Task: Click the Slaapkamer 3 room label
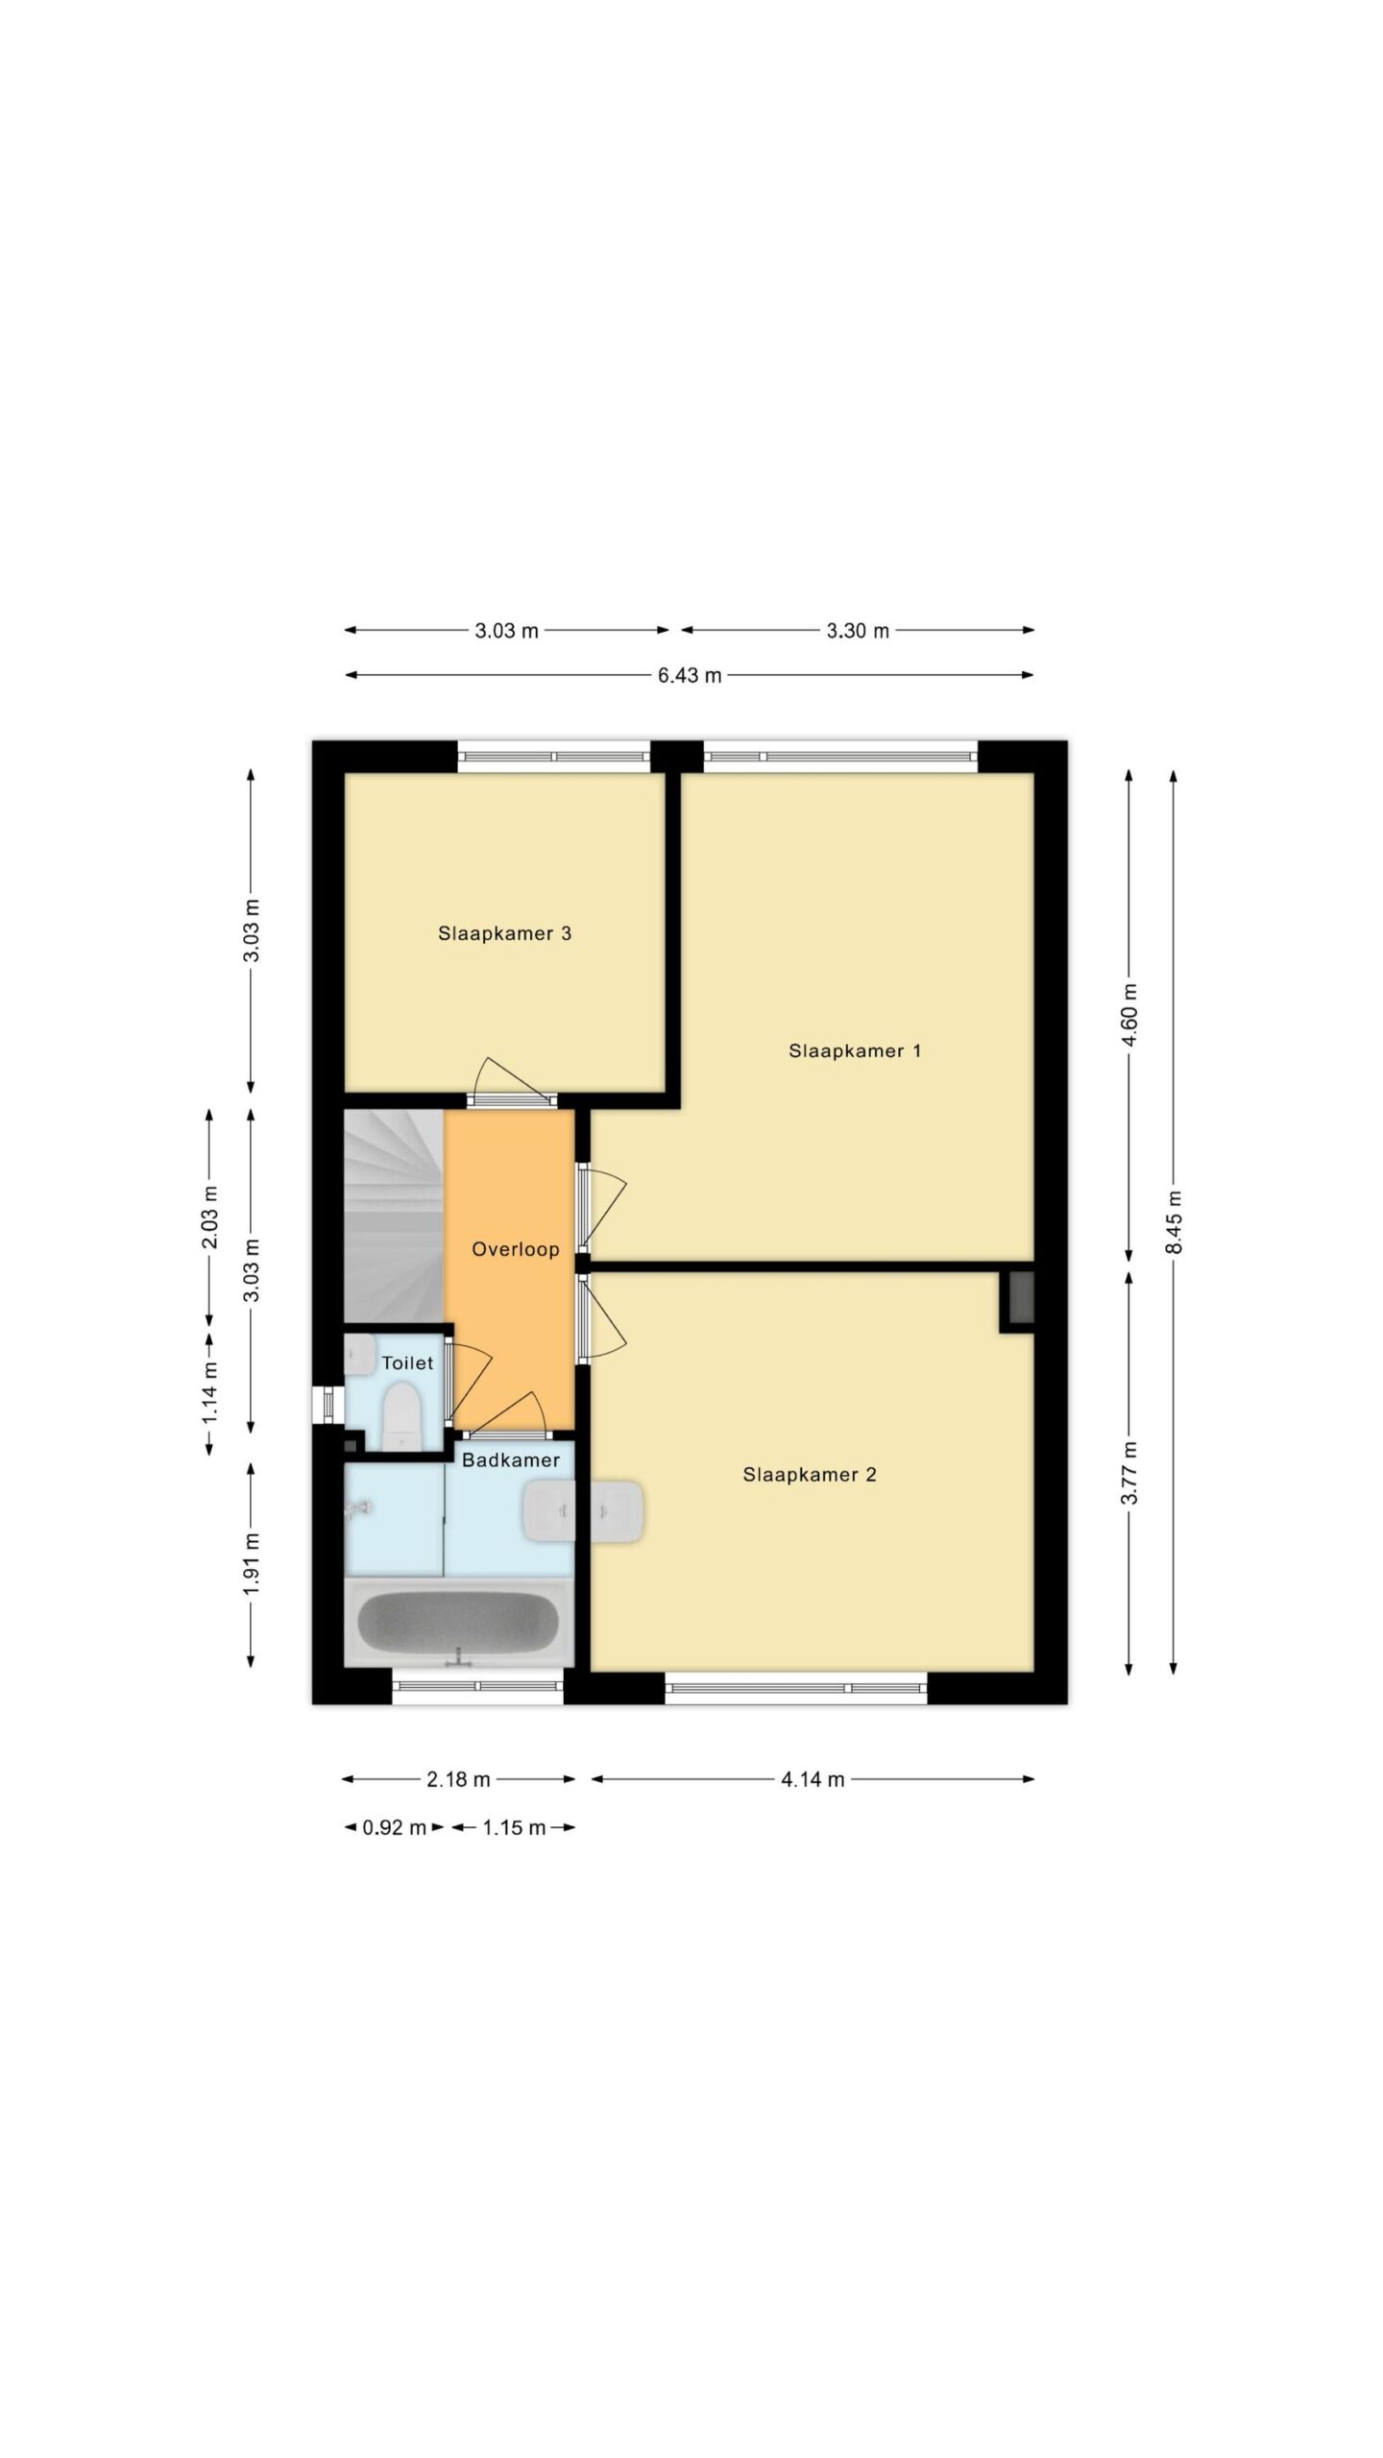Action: (504, 933)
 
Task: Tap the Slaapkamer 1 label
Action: (855, 1050)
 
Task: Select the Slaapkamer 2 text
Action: (810, 1474)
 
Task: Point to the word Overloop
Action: (515, 1249)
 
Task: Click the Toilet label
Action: (407, 1362)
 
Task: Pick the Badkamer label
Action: (511, 1459)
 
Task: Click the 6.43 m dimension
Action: (690, 675)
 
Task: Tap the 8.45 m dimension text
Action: (1174, 1221)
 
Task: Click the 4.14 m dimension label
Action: (813, 1779)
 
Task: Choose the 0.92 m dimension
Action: (394, 1827)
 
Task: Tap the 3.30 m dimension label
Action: (858, 631)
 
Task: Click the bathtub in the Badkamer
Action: (459, 1623)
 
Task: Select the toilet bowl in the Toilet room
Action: (401, 1415)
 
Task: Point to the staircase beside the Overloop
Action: (394, 1216)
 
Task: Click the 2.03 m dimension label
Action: (209, 1217)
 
